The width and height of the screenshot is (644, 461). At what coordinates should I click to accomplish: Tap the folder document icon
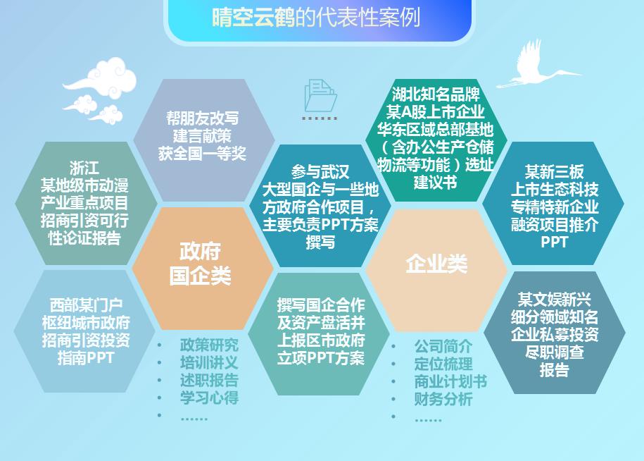pyautogui.click(x=320, y=96)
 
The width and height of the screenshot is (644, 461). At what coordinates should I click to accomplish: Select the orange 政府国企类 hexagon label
pyautogui.click(x=201, y=264)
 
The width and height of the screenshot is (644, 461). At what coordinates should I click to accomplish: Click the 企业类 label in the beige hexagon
pyautogui.click(x=436, y=264)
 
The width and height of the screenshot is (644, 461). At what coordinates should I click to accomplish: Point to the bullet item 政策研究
pyautogui.click(x=209, y=345)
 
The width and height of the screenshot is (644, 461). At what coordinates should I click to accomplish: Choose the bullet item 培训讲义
pyautogui.click(x=209, y=363)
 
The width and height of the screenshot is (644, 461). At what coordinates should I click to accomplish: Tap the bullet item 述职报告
pyautogui.click(x=209, y=380)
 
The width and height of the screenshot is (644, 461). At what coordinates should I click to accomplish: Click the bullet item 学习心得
pyautogui.click(x=209, y=398)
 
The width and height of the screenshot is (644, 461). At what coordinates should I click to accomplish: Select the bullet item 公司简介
pyautogui.click(x=443, y=347)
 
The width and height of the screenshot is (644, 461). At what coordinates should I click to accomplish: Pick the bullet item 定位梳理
pyautogui.click(x=443, y=364)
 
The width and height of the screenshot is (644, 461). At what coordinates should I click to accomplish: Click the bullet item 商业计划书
pyautogui.click(x=450, y=382)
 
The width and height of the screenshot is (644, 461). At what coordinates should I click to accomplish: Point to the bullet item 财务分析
pyautogui.click(x=443, y=400)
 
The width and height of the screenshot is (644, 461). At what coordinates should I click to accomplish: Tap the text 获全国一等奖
pyautogui.click(x=202, y=154)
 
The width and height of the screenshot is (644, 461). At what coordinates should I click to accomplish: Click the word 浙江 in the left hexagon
pyautogui.click(x=84, y=169)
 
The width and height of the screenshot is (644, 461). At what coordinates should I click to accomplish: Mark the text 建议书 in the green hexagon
pyautogui.click(x=435, y=183)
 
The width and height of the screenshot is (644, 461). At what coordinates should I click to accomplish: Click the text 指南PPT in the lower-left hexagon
pyautogui.click(x=85, y=357)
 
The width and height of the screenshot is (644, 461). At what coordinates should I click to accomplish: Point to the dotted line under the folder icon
pyautogui.click(x=320, y=118)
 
